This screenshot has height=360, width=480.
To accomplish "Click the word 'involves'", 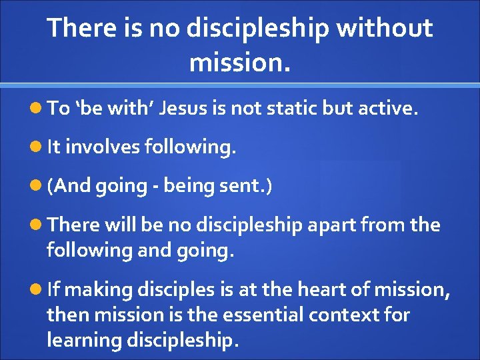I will pos(101,147).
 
